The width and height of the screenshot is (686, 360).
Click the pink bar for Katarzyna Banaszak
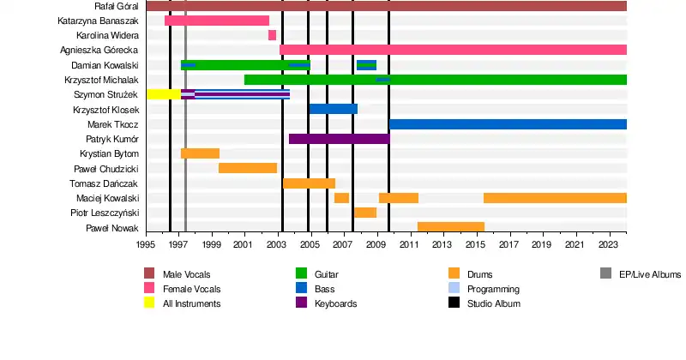(217, 21)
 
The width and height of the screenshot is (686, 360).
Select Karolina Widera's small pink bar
(272, 35)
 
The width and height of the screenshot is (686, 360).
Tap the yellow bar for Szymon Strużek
(163, 94)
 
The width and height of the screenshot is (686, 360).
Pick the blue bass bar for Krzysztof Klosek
(333, 109)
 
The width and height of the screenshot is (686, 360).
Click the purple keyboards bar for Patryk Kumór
(339, 139)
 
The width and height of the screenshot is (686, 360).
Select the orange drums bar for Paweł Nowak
(450, 227)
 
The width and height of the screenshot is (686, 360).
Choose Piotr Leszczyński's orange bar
(365, 213)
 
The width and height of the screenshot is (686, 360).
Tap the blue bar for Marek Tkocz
(508, 124)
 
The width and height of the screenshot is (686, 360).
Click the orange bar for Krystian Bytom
(200, 153)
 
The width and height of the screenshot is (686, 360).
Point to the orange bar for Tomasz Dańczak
(309, 183)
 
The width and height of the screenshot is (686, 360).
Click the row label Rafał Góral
(117, 6)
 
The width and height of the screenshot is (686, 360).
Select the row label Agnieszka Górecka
(99, 50)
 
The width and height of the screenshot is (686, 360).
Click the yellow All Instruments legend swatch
(149, 303)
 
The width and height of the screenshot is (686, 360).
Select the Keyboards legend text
(335, 303)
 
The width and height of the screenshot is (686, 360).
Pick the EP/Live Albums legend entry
(649, 274)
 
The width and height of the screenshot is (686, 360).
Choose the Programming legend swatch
(454, 289)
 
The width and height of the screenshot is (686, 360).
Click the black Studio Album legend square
(454, 303)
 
